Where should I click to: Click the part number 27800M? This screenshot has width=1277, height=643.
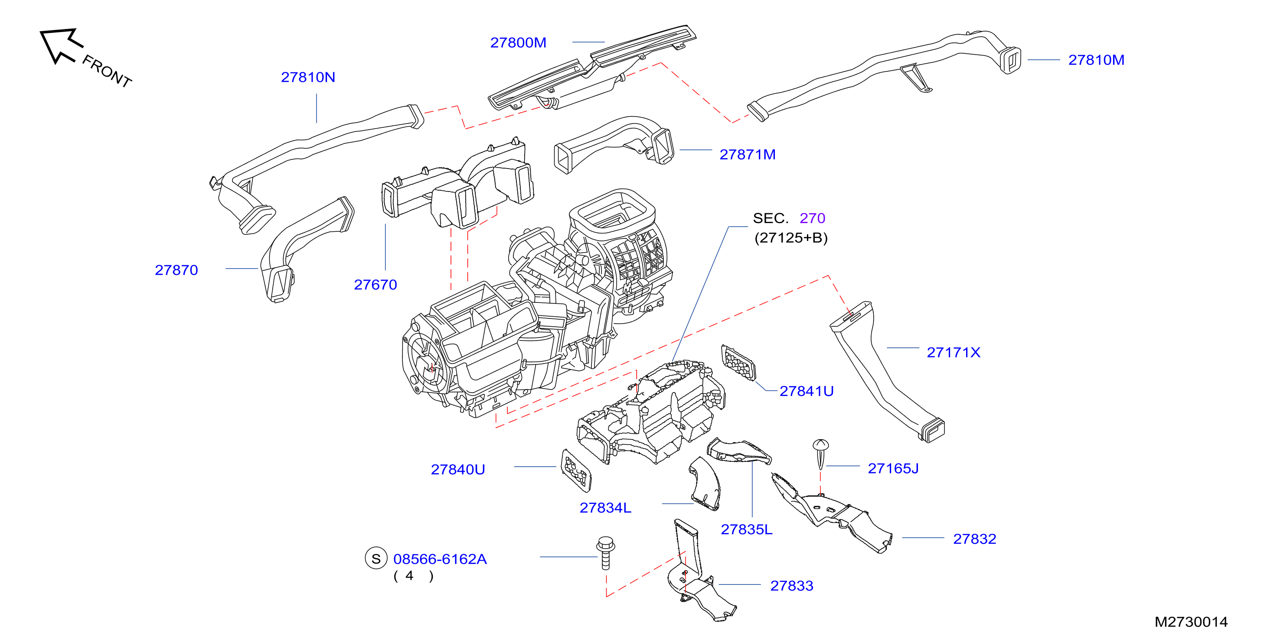click(518, 42)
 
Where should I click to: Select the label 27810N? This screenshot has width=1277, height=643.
click(308, 77)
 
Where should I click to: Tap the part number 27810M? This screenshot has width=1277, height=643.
click(1096, 60)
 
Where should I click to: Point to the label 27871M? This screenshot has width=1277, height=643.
click(748, 155)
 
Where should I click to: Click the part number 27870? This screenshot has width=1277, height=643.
click(176, 270)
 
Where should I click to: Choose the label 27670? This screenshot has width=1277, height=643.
click(375, 285)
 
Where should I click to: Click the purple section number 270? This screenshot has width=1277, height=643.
click(812, 218)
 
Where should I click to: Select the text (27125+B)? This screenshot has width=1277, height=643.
click(790, 238)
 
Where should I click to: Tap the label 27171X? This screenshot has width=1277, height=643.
click(953, 353)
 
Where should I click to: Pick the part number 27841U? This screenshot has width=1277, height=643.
click(807, 391)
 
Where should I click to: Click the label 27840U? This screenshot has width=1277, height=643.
click(457, 470)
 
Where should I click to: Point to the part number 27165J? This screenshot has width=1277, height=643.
click(893, 469)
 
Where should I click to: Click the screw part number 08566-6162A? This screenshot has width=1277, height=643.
click(440, 559)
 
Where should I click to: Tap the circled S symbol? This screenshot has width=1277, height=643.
click(376, 559)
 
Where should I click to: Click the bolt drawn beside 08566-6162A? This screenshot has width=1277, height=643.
click(605, 553)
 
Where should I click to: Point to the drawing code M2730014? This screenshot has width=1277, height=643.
click(1191, 622)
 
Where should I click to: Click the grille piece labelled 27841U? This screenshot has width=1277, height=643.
click(738, 363)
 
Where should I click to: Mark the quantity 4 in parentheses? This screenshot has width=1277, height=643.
click(409, 576)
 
